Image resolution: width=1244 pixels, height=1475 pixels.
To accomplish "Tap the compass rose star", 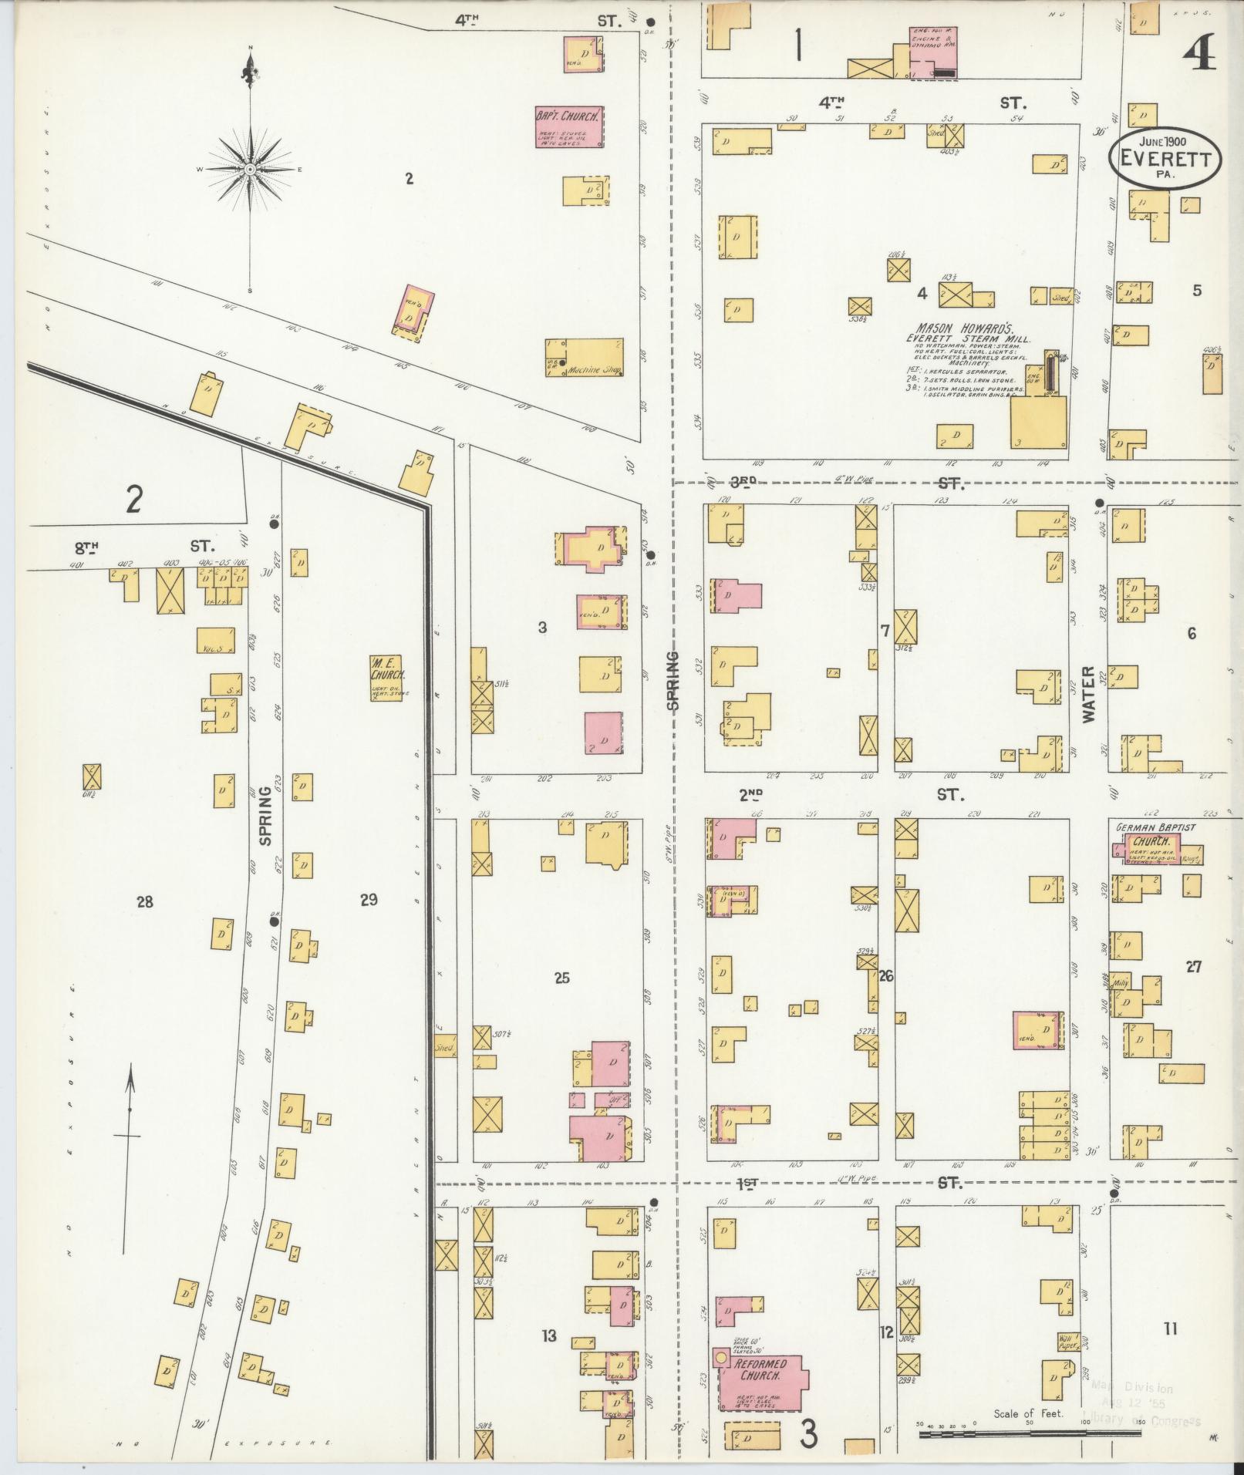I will (x=251, y=168).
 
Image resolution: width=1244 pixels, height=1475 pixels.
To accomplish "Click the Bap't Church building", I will (x=569, y=127).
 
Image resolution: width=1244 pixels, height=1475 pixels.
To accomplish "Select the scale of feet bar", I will (x=1057, y=1434).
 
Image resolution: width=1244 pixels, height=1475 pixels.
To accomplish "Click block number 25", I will (x=561, y=978).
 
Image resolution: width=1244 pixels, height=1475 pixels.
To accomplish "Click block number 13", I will (x=548, y=1335).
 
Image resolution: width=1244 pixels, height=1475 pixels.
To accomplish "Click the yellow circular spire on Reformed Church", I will (x=721, y=1356).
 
